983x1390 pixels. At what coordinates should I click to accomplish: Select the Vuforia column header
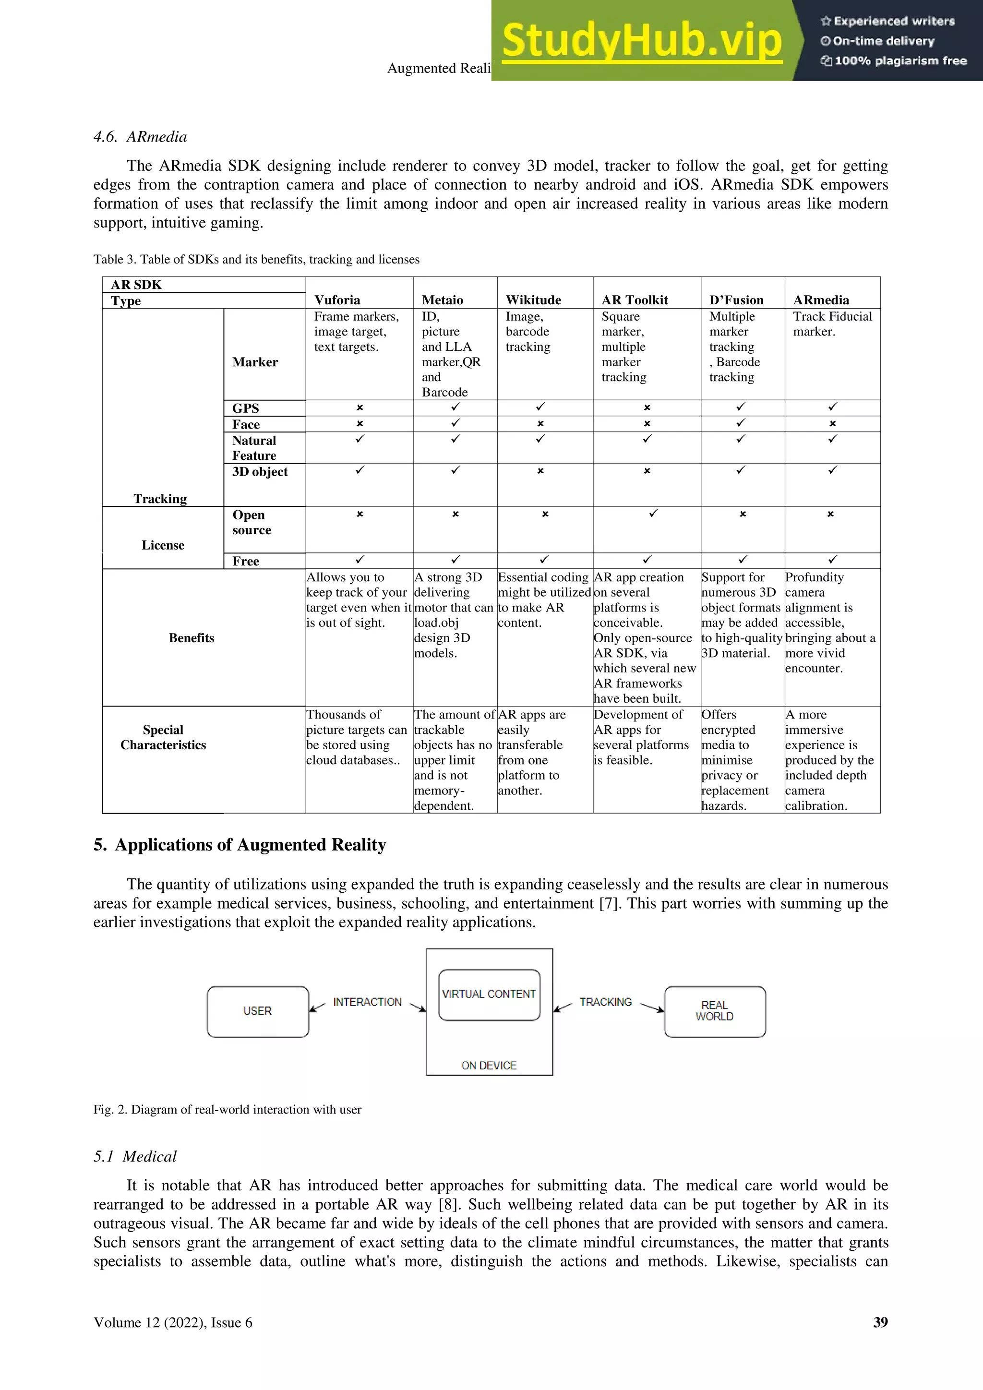point(337,300)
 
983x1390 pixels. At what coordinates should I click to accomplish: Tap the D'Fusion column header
point(736,300)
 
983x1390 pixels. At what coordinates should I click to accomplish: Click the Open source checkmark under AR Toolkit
point(653,514)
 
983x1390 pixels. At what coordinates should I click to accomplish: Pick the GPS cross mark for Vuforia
point(360,407)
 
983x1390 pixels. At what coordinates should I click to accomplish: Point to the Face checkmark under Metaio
point(455,422)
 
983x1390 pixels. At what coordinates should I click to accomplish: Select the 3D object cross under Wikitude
point(540,470)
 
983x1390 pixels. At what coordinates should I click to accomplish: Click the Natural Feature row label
point(254,448)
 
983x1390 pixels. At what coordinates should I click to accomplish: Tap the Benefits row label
point(192,638)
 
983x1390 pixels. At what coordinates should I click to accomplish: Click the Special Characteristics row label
point(163,737)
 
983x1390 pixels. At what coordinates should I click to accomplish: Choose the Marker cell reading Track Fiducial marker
point(832,324)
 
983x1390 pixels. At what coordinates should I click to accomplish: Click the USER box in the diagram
point(258,1011)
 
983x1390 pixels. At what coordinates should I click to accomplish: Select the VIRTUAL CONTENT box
point(489,994)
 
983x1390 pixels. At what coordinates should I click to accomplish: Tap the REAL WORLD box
point(715,1011)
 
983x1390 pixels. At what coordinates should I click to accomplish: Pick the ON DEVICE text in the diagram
point(489,1066)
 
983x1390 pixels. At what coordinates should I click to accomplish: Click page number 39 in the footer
point(880,1322)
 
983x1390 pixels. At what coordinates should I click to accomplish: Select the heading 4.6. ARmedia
point(141,137)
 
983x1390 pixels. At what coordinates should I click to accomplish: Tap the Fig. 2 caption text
point(227,1110)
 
